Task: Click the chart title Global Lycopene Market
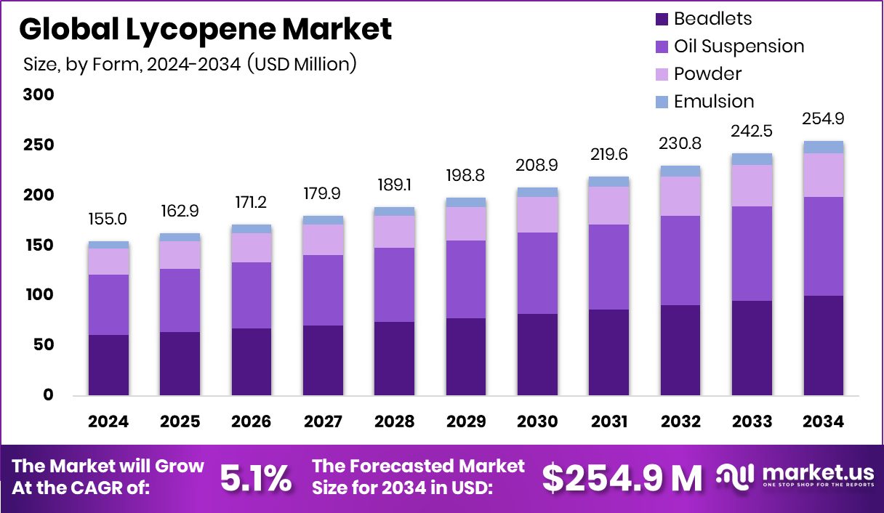(x=205, y=29)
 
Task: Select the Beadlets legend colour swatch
(x=662, y=20)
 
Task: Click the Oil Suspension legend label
(x=739, y=47)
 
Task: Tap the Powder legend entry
(x=707, y=74)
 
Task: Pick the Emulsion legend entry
(x=713, y=101)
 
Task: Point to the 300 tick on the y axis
(x=38, y=95)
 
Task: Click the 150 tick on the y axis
(x=38, y=246)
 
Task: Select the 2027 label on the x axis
(x=323, y=422)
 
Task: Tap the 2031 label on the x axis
(x=608, y=422)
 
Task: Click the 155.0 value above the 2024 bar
(x=108, y=219)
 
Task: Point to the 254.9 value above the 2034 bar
(x=823, y=119)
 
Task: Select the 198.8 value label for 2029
(x=465, y=176)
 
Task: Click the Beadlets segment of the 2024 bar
(x=108, y=365)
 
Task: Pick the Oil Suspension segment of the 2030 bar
(x=537, y=273)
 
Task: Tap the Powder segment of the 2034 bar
(x=823, y=175)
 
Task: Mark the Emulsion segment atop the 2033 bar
(x=752, y=159)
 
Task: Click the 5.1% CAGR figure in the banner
(x=255, y=478)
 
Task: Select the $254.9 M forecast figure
(x=622, y=478)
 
